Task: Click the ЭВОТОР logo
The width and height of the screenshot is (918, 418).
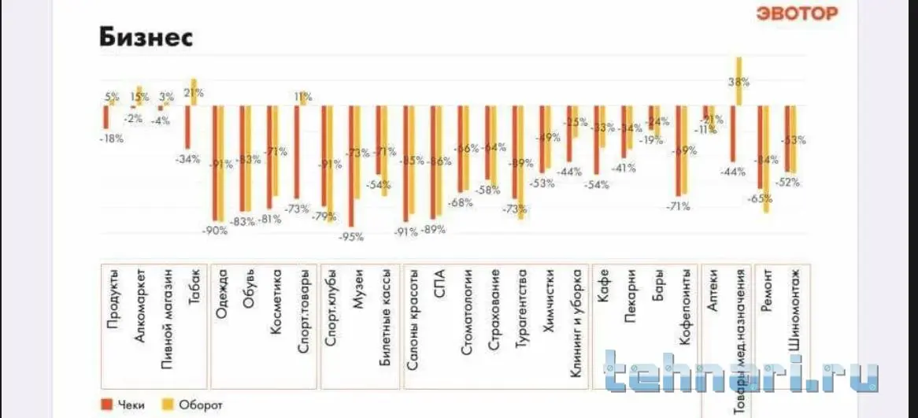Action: coord(797,13)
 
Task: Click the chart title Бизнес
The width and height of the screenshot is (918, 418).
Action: coord(146,37)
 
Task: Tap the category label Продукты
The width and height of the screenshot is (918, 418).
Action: coord(113,298)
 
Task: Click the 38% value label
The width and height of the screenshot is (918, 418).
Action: coord(738,81)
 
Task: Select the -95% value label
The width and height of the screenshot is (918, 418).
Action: coord(352,236)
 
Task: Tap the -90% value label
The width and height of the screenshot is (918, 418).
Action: coord(215,231)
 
